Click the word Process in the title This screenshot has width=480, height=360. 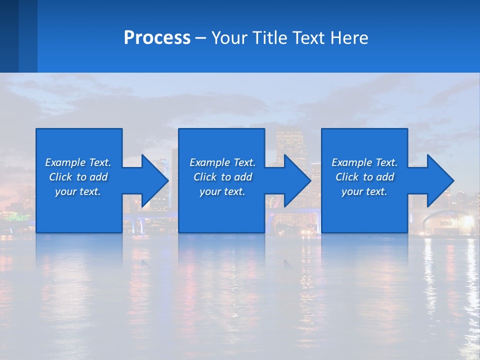coord(157,38)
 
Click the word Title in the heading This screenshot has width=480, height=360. coord(268,38)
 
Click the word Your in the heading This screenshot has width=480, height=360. coord(229,38)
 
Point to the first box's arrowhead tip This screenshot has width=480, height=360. coord(168,180)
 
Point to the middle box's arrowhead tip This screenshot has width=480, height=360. coord(311,180)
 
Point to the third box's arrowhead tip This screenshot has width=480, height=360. coord(453,180)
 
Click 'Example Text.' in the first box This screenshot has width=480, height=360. coord(78,162)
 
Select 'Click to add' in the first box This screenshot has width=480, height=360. coord(78,177)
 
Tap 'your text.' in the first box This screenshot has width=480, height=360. coord(78,191)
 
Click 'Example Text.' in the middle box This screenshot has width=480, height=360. coord(222,162)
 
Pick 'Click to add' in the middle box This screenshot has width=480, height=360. coord(222,177)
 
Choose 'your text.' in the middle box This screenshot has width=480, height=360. coord(222,191)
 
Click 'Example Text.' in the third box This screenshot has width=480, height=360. coord(364,162)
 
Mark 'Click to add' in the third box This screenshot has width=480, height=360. coord(364,177)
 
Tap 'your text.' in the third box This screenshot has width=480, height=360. coord(364,191)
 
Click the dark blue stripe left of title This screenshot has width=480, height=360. coord(9,36)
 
